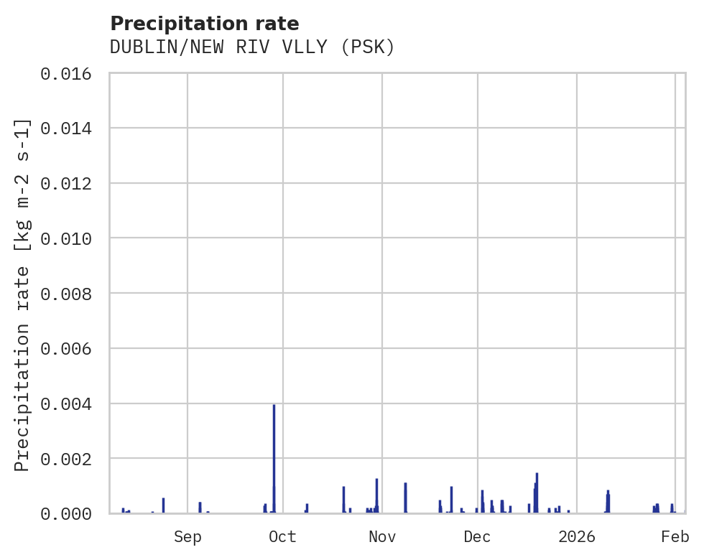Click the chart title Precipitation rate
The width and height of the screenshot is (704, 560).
point(205,24)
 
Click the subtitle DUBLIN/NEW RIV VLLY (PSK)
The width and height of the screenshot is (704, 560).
point(252,47)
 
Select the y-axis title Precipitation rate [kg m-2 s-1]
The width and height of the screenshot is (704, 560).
point(23,294)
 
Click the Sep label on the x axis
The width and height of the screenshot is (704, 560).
point(187,536)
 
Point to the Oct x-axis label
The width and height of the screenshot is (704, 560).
point(282,536)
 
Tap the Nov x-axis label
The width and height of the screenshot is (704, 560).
point(381,536)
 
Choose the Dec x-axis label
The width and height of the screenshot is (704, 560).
point(477,536)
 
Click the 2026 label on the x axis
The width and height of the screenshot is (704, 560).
point(577,536)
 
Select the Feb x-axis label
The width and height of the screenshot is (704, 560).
point(675,536)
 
